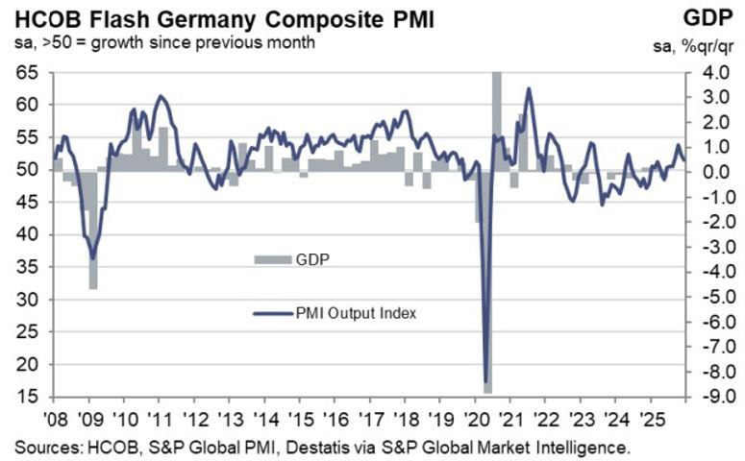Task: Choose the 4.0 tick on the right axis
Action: coord(708,72)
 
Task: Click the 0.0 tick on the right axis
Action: coord(708,172)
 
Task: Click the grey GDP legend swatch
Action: coord(273,259)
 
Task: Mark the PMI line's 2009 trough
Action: coord(93,257)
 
